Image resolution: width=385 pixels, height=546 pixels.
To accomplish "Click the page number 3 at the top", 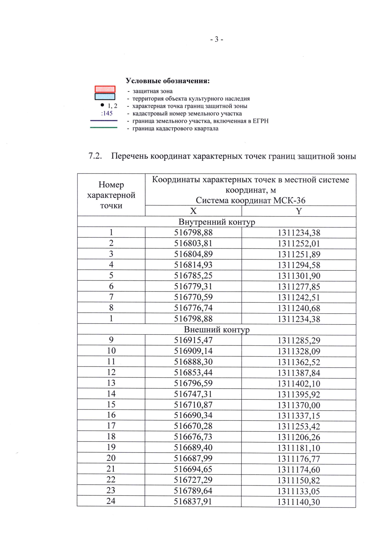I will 217,39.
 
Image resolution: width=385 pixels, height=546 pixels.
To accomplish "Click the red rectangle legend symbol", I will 105,89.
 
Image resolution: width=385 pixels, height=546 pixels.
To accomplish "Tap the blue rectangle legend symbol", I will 105,96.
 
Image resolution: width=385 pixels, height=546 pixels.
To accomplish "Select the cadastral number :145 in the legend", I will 107,113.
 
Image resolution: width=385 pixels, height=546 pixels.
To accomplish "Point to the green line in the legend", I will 104,128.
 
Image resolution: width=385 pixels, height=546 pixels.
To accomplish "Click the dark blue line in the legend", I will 104,121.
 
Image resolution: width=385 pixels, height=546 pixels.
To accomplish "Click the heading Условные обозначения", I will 167,81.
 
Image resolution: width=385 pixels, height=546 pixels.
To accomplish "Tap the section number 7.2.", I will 95,156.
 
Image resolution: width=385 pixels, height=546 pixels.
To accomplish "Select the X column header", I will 193,211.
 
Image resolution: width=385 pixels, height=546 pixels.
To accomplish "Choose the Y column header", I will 299,211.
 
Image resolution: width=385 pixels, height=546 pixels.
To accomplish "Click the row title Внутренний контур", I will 217,222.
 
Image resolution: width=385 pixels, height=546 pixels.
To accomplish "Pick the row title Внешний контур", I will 217,330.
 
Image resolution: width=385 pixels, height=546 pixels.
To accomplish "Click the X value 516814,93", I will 193,265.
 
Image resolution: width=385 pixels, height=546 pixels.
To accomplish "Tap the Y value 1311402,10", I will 299,384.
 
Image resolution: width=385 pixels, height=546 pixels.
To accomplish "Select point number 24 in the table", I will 111,501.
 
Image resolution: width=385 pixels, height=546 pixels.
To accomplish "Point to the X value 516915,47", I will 193,340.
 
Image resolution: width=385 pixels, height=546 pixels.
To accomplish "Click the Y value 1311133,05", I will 299,491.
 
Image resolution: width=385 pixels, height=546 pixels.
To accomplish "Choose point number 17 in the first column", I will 111,426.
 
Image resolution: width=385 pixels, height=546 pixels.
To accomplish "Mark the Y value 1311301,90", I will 299,276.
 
